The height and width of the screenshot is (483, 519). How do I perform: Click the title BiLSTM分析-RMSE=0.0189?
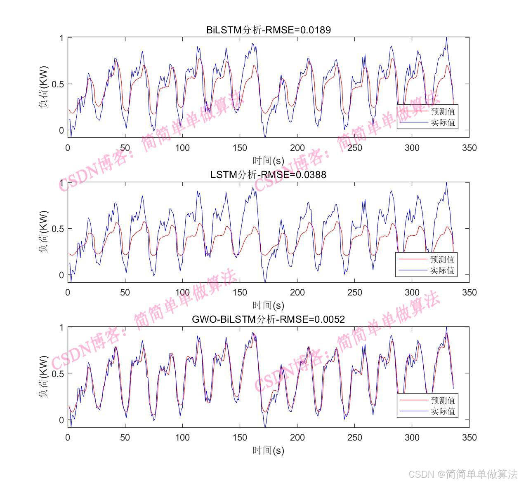[268, 30]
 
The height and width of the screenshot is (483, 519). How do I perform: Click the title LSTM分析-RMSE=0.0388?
[268, 175]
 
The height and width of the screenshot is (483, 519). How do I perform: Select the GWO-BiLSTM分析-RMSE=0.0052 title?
[268, 319]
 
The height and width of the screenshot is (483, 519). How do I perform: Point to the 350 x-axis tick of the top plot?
[469, 148]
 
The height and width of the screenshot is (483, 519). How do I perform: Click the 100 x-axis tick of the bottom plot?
[182, 438]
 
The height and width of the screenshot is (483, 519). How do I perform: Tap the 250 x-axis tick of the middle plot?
[354, 293]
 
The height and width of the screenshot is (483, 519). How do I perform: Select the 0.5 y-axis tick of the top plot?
[58, 84]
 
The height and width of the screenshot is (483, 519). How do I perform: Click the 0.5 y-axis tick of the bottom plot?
[58, 374]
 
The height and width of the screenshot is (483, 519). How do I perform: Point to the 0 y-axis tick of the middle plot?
[61, 275]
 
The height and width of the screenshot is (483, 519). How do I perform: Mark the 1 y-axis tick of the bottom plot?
[61, 328]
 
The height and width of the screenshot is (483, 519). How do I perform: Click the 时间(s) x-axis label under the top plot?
[268, 160]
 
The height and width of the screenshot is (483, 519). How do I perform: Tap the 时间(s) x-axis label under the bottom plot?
[268, 450]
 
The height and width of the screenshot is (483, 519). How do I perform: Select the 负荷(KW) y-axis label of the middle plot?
[44, 232]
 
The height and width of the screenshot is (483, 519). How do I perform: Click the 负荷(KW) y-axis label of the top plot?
[44, 87]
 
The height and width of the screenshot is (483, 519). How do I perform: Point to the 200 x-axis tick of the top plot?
[297, 148]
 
